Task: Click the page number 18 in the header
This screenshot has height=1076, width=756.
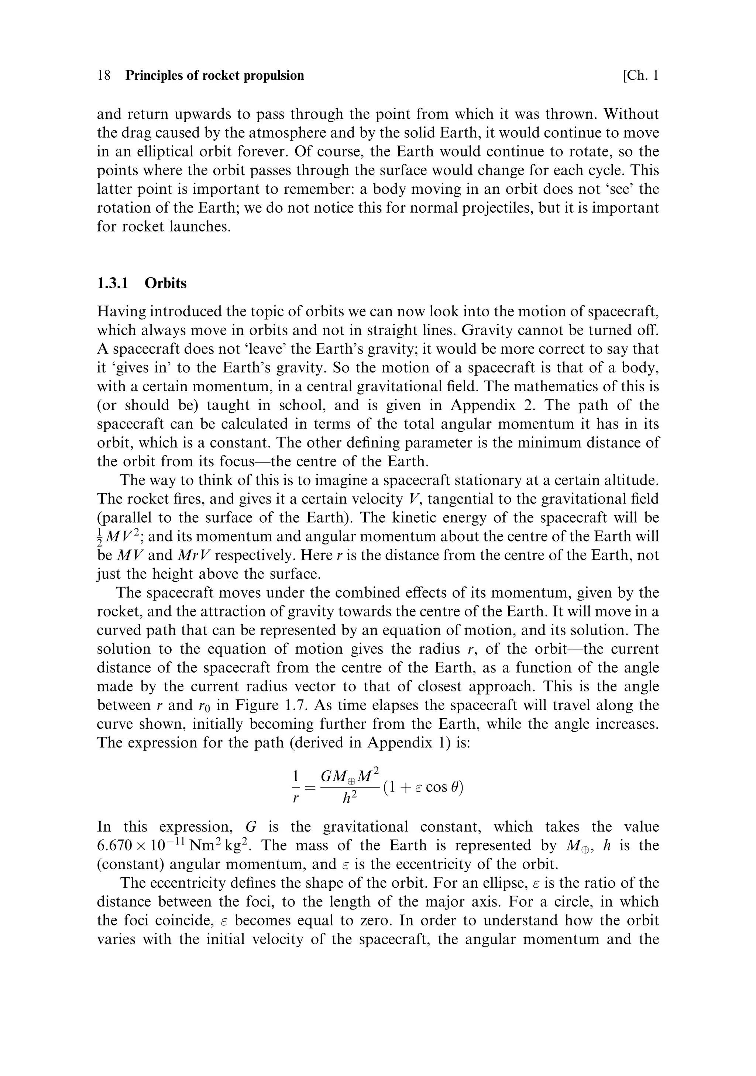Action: click(104, 75)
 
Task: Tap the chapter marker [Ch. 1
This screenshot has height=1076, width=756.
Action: click(640, 75)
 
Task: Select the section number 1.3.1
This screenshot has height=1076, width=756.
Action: click(113, 283)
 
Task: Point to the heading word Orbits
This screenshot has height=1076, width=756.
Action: click(165, 283)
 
